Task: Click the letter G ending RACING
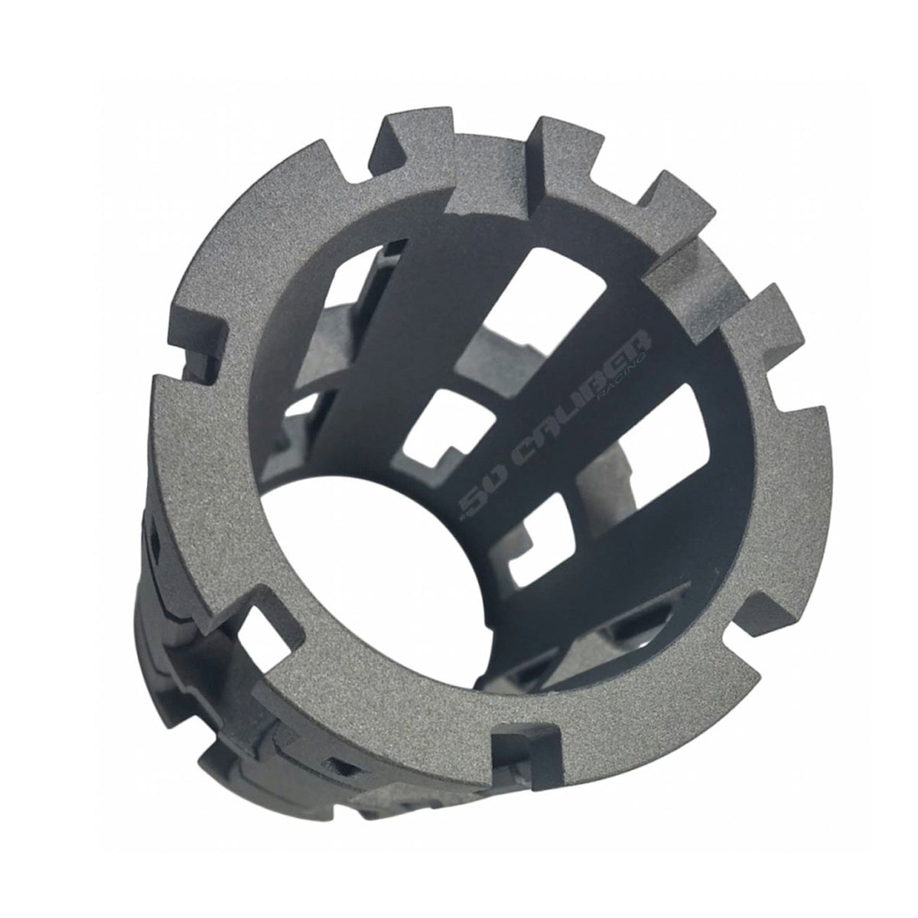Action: [x=641, y=357]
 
